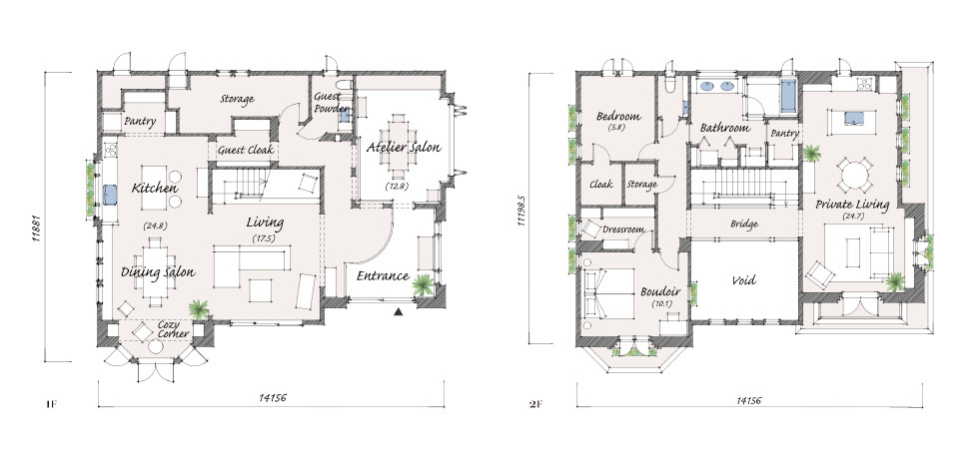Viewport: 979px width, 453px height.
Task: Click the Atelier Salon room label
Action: pos(404,148)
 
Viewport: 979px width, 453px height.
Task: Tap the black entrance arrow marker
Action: pos(399,310)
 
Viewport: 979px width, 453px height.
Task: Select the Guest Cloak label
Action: pos(246,151)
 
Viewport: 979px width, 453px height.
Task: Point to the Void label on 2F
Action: pos(743,280)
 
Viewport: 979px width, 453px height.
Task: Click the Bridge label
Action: pos(743,224)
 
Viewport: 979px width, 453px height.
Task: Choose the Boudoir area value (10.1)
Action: pos(660,304)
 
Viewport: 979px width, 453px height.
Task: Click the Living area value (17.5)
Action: pos(265,237)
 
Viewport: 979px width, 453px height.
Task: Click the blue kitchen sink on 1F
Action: pos(111,195)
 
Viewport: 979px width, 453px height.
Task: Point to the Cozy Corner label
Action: pos(170,329)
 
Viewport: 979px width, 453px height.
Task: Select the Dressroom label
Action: pos(622,229)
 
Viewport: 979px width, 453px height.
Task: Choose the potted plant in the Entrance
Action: pos(423,284)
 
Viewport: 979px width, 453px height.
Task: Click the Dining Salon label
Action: pos(158,272)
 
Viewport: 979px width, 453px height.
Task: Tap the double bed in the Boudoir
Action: pos(608,293)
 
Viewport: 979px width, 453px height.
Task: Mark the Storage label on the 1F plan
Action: pos(237,99)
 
